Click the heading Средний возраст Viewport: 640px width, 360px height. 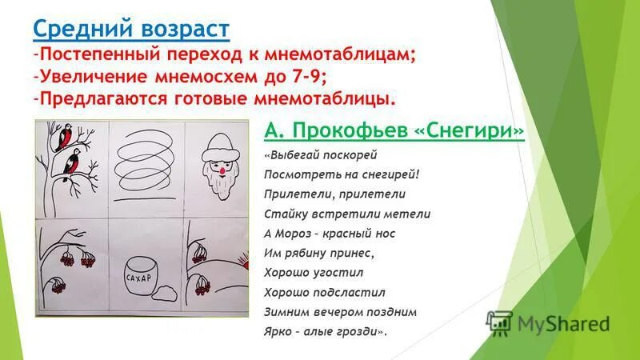tap(131, 30)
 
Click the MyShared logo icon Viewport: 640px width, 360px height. tap(499, 322)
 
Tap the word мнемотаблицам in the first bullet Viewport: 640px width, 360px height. tap(335, 55)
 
